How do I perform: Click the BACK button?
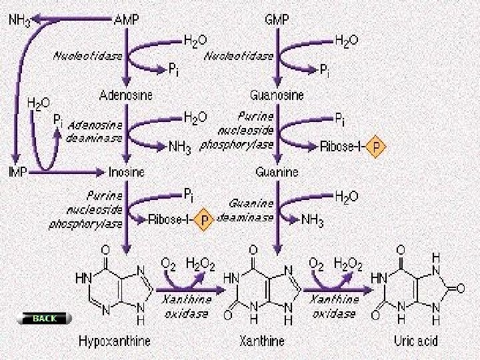click(45, 319)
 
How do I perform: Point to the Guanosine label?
click(277, 95)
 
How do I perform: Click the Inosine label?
click(126, 172)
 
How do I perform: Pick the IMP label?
click(18, 172)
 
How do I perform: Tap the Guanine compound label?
click(277, 172)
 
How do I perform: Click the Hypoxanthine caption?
click(115, 341)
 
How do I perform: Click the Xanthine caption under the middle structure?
click(262, 341)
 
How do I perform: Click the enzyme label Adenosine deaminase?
click(95, 131)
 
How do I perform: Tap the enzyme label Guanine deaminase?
click(247, 210)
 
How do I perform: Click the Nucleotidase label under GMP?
click(239, 56)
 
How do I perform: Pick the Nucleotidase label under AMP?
click(87, 56)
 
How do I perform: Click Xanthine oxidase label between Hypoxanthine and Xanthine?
click(186, 306)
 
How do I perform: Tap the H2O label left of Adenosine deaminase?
click(37, 103)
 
